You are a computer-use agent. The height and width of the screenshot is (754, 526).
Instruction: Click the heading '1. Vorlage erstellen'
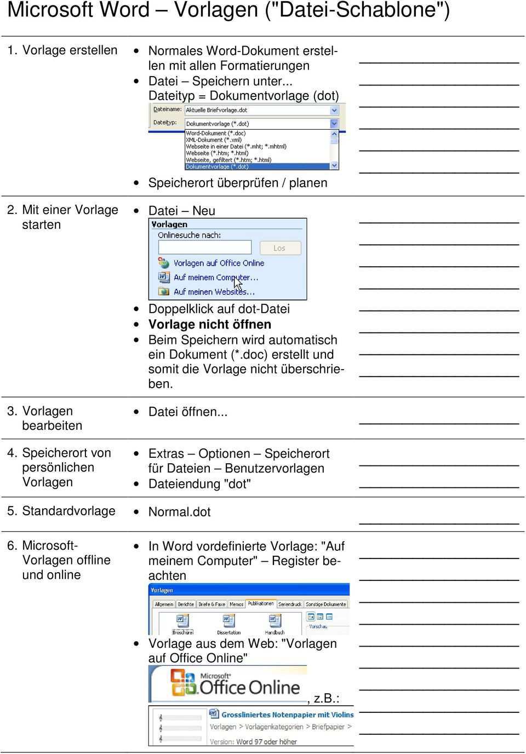pos(62,50)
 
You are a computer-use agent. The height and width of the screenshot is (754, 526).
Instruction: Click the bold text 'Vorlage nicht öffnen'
pos(209,325)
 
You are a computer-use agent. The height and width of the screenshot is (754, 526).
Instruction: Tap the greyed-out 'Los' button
pos(280,248)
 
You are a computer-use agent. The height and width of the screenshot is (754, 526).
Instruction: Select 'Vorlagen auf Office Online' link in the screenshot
pos(219,263)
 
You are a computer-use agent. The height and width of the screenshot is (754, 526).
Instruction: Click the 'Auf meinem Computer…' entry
pos(215,278)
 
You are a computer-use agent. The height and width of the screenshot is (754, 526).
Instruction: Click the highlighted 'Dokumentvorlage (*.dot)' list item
pos(218,166)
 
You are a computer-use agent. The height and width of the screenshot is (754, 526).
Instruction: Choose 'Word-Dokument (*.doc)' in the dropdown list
pos(216,133)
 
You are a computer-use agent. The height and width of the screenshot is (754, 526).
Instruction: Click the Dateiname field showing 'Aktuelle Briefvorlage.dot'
pos(258,110)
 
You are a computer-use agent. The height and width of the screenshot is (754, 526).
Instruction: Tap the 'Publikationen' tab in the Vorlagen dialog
pos(261,603)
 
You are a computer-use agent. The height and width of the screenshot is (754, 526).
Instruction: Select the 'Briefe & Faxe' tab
pos(211,604)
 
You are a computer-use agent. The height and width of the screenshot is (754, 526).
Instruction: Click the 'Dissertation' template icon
pos(228,621)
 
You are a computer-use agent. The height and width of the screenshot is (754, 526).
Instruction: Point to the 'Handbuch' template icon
pos(275,621)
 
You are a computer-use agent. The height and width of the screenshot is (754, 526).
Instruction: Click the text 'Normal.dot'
pos(179,512)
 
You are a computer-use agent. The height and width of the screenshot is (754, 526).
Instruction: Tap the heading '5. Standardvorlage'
pos(61,511)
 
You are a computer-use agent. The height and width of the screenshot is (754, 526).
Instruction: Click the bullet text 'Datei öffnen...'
pos(187,412)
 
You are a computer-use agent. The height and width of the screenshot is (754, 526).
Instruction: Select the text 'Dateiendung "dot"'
pos(199,484)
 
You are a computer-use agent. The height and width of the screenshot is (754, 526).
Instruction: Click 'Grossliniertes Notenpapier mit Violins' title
pos(287,715)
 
